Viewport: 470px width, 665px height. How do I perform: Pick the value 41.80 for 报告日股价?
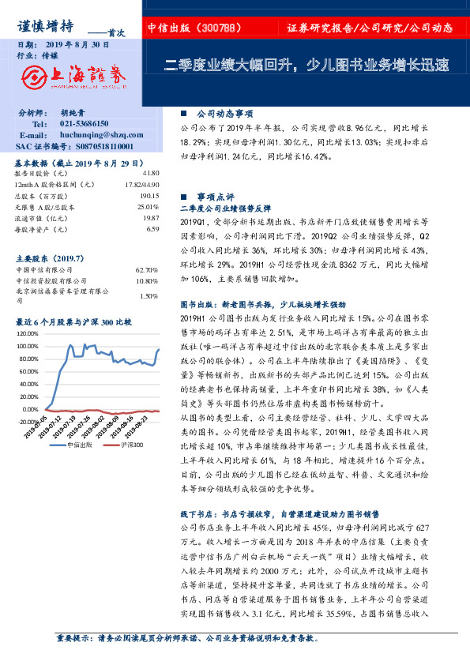pyautogui.click(x=151, y=172)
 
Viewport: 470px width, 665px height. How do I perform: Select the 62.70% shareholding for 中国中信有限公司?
pyautogui.click(x=147, y=269)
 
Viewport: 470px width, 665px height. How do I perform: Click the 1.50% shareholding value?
pyautogui.click(x=149, y=296)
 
